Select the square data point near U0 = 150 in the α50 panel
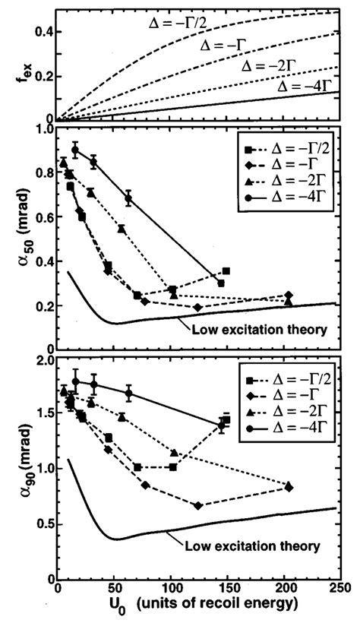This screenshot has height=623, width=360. click(x=226, y=271)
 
